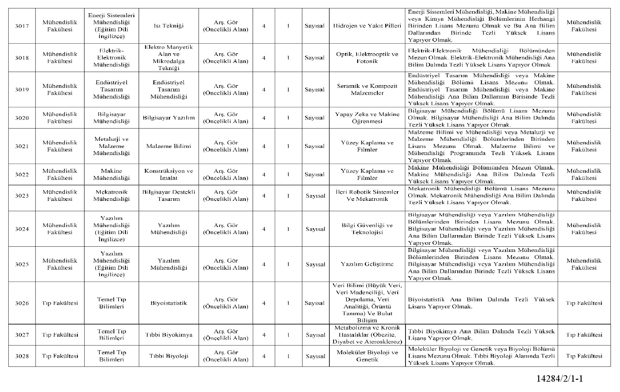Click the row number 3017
22,26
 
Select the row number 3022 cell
22,175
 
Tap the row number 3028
22,356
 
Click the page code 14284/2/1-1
560,378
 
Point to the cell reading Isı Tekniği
169,26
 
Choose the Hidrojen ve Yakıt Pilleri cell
367,26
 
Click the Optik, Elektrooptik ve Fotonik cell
367,58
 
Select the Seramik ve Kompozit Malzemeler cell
367,90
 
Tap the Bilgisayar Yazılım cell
169,118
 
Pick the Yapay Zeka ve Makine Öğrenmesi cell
367,118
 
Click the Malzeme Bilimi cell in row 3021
169,146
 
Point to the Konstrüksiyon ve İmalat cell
169,175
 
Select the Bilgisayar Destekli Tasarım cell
169,196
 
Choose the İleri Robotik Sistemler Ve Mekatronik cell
367,196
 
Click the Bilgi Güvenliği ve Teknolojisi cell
367,229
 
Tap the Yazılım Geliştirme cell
367,264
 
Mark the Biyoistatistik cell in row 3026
169,303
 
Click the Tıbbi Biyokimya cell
169,335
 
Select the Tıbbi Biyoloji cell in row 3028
169,356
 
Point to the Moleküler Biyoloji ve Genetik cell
367,356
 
